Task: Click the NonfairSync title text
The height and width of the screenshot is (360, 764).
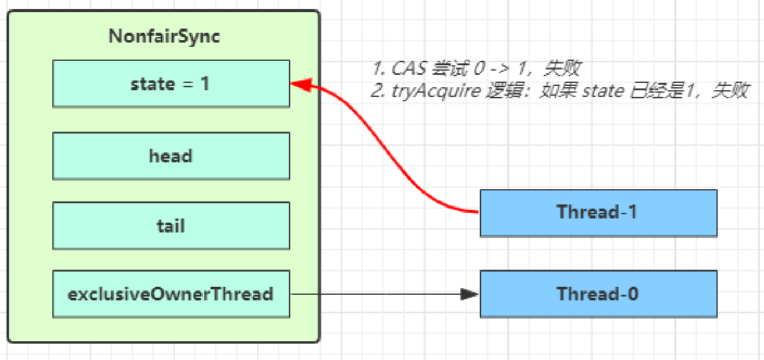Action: tap(164, 37)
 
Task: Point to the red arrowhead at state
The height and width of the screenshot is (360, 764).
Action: tap(299, 85)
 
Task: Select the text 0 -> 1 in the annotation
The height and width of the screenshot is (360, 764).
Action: tap(501, 68)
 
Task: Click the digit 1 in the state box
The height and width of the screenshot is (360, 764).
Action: tap(205, 84)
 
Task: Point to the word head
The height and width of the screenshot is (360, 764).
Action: tap(171, 156)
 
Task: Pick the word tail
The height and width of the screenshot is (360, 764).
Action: tap(171, 225)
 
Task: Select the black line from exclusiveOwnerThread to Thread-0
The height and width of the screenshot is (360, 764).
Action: tap(378, 294)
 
